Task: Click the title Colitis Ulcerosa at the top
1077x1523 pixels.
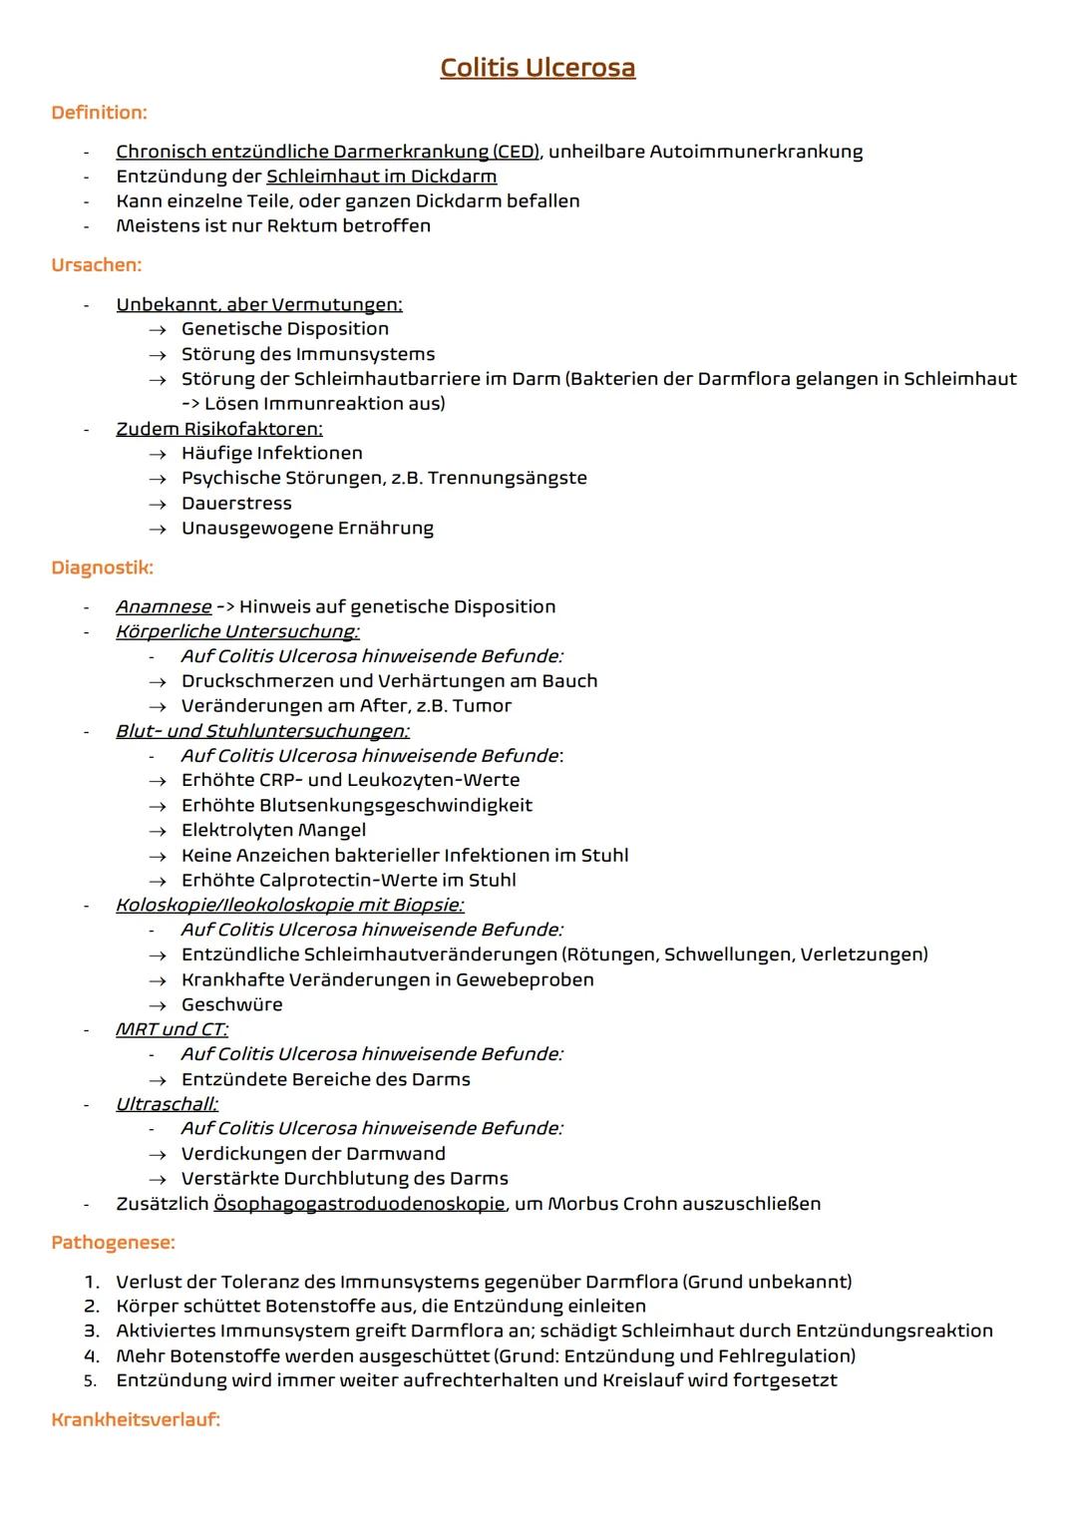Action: [538, 68]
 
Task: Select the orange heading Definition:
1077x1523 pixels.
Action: [99, 113]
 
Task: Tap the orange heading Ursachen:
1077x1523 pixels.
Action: [96, 265]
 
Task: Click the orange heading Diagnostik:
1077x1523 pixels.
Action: [102, 568]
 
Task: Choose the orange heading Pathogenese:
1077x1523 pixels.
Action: [113, 1243]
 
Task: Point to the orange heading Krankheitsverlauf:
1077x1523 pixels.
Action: [135, 1419]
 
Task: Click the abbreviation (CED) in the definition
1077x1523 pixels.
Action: [516, 152]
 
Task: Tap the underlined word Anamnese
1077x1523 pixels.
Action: [164, 606]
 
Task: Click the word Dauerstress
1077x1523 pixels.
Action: [236, 504]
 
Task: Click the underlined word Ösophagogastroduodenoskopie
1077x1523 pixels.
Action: [359, 1204]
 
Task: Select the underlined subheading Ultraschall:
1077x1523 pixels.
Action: [167, 1104]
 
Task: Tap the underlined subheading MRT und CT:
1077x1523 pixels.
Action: [172, 1029]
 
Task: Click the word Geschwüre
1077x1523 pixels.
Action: [231, 1004]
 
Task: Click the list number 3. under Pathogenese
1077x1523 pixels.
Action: [92, 1331]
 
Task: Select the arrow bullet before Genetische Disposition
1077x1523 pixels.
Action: [157, 329]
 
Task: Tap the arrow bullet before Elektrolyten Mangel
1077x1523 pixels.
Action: [157, 831]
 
